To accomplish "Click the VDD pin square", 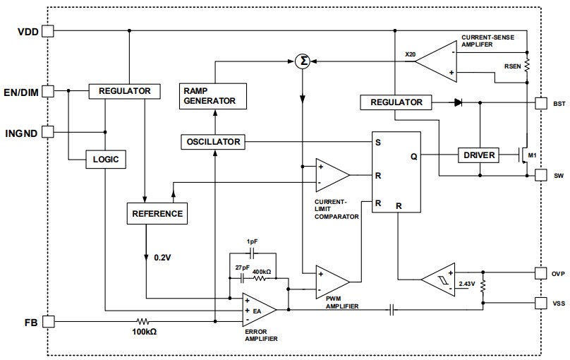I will (48, 31).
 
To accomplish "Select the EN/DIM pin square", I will (48, 91).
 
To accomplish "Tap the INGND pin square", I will (48, 131).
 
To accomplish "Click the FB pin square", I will (48, 321).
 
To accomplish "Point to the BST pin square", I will (540, 102).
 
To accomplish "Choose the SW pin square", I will (540, 175).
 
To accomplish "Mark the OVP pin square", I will (540, 272).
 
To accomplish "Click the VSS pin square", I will (540, 304).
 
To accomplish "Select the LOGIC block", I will (106, 160).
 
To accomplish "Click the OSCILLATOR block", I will (213, 142).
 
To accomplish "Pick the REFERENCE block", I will (156, 213).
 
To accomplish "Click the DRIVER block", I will (478, 155).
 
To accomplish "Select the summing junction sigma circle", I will (303, 61).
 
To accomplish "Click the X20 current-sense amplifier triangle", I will (437, 62).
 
